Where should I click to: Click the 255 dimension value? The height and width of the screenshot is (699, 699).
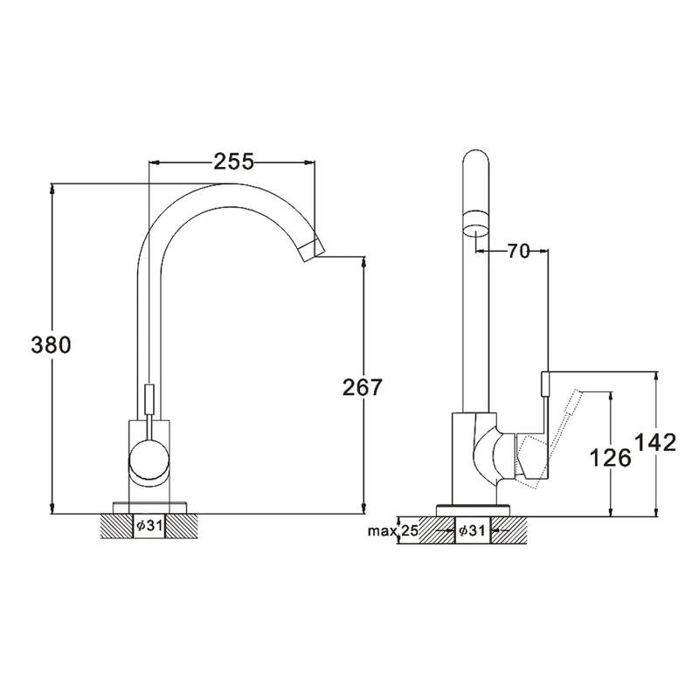[x=233, y=162]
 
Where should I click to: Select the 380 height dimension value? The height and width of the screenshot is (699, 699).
[x=51, y=345]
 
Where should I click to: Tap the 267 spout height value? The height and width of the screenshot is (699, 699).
[x=363, y=387]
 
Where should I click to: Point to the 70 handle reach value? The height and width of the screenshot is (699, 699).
[x=518, y=252]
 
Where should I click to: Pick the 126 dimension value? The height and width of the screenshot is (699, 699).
[x=610, y=458]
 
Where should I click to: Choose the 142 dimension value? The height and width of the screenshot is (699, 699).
[x=654, y=443]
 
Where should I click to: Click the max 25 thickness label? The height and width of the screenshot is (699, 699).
[x=392, y=530]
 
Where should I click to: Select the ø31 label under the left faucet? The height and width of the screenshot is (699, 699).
[x=149, y=526]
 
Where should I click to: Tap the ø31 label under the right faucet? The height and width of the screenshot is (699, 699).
[x=472, y=530]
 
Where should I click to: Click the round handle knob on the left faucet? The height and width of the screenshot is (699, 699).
[x=149, y=460]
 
